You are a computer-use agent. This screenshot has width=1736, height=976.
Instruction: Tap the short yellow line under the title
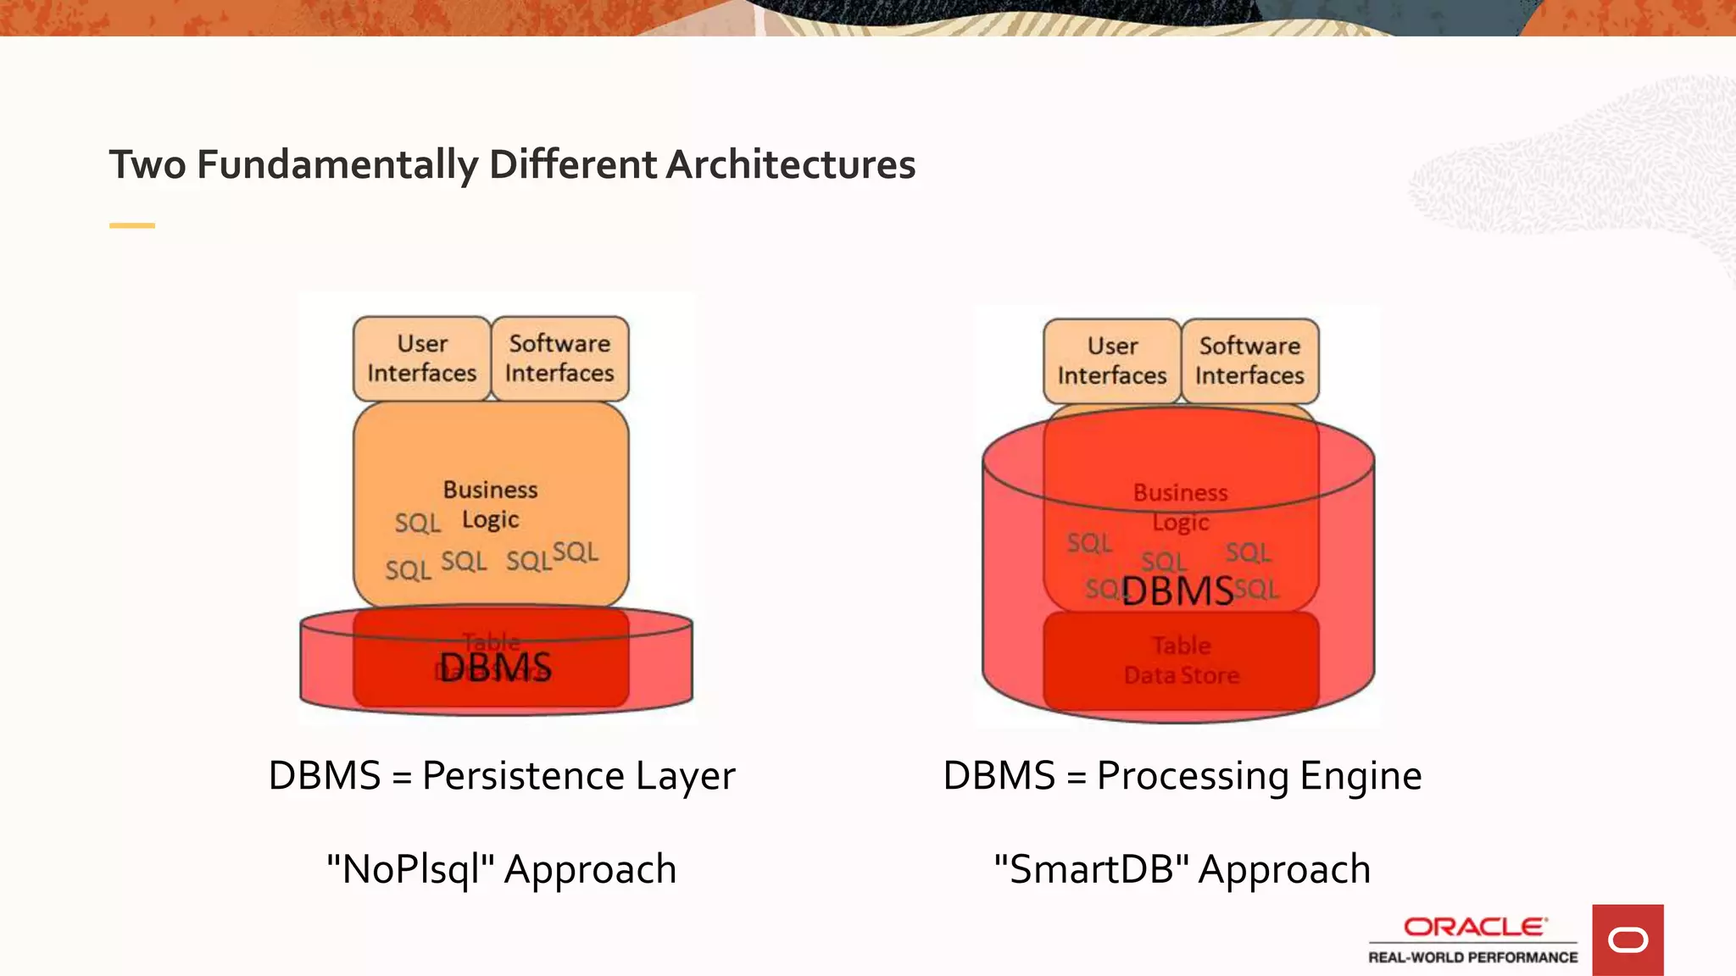coord(132,225)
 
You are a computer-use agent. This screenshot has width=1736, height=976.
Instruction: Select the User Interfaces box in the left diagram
coord(422,358)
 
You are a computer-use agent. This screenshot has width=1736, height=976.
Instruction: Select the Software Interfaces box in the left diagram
coord(559,358)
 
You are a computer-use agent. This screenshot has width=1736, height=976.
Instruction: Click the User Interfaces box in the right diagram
coord(1112,361)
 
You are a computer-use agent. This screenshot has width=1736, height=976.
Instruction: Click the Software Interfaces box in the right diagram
coord(1249,361)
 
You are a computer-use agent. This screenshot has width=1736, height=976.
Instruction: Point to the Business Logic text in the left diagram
coord(490,504)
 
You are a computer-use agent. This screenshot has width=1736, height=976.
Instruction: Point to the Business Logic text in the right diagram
coord(1180,507)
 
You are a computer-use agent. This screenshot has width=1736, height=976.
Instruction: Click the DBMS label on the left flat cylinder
coord(495,668)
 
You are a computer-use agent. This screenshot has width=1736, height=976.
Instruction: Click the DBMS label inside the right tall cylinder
coord(1177,591)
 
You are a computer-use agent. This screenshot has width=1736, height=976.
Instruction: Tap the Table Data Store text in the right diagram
coord(1182,660)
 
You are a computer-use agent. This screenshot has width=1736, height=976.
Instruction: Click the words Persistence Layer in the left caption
coord(578,776)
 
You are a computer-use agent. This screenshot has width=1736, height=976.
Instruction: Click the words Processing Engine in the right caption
coord(1259,776)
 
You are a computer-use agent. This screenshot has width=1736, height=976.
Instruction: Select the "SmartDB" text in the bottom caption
coord(1092,869)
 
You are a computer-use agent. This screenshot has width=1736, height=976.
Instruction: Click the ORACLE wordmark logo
coord(1475,927)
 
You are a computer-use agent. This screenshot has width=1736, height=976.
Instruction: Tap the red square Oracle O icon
coord(1627,940)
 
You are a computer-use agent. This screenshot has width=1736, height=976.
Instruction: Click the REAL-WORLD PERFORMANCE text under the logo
coord(1473,957)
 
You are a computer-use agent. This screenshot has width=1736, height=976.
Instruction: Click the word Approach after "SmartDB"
coord(1284,869)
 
